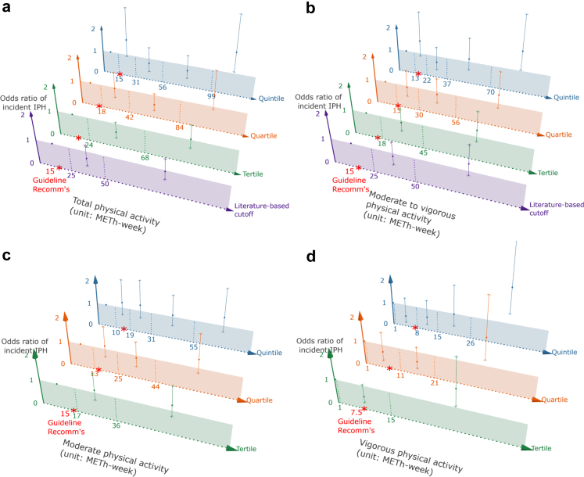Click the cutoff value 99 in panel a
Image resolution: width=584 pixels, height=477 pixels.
(211, 95)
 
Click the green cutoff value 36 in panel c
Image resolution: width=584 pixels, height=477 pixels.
(116, 425)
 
